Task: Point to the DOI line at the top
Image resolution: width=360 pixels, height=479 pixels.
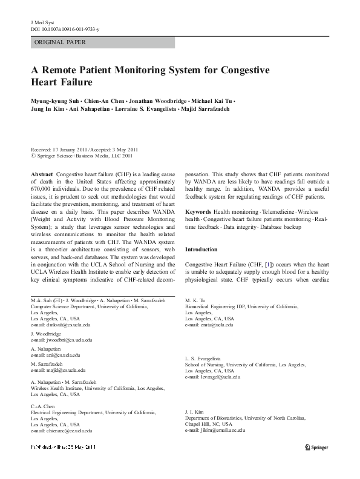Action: pos(61,28)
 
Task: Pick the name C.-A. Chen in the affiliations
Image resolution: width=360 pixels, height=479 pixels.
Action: pos(40,406)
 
